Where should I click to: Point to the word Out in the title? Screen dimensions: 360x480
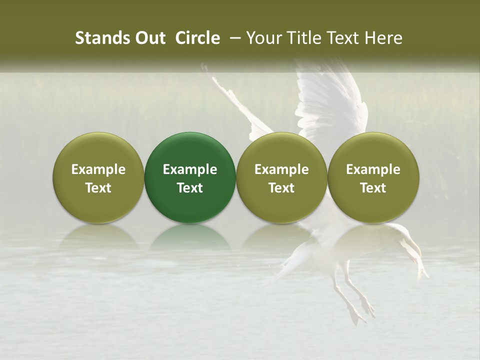click(x=148, y=38)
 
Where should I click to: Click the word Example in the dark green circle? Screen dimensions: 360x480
click(x=190, y=169)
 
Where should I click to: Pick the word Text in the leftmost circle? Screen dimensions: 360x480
click(x=98, y=188)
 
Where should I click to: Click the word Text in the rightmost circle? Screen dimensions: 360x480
click(x=373, y=188)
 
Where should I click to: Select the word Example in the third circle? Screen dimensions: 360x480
click(x=281, y=169)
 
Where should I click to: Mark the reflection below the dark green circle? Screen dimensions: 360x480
click(x=190, y=237)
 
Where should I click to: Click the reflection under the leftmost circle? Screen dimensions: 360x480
click(x=98, y=237)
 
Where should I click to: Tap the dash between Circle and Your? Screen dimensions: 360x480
click(x=233, y=38)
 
